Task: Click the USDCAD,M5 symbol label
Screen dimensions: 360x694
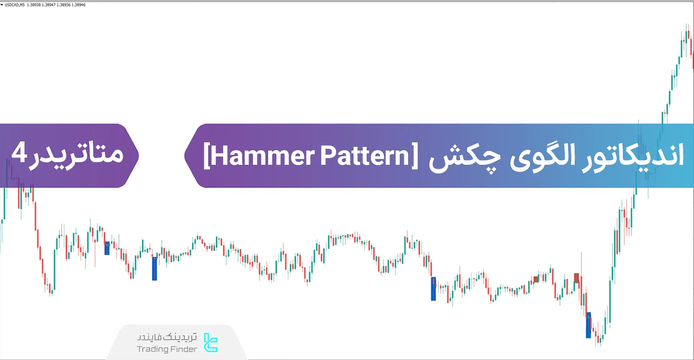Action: (x=15, y=5)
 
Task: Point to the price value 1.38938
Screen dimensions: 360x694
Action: (x=34, y=5)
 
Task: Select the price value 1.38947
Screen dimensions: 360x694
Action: (x=49, y=5)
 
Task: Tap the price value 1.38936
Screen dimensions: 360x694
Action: (x=63, y=5)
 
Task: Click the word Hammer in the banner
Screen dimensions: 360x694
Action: (x=263, y=156)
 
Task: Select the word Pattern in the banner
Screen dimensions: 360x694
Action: (x=365, y=156)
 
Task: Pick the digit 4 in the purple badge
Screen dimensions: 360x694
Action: (x=20, y=153)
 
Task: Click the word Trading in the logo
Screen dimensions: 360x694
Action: (x=153, y=349)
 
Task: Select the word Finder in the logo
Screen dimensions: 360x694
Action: (x=184, y=349)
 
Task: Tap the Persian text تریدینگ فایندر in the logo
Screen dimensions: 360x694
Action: (x=167, y=337)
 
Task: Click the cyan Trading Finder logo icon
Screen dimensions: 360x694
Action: (x=211, y=343)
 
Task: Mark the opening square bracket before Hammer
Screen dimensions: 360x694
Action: (x=207, y=156)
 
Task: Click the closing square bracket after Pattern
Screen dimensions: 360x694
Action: (x=414, y=156)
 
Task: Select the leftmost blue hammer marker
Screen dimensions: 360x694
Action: (x=107, y=248)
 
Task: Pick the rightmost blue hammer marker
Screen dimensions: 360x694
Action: (x=589, y=325)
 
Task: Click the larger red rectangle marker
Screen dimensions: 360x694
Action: (x=576, y=278)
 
